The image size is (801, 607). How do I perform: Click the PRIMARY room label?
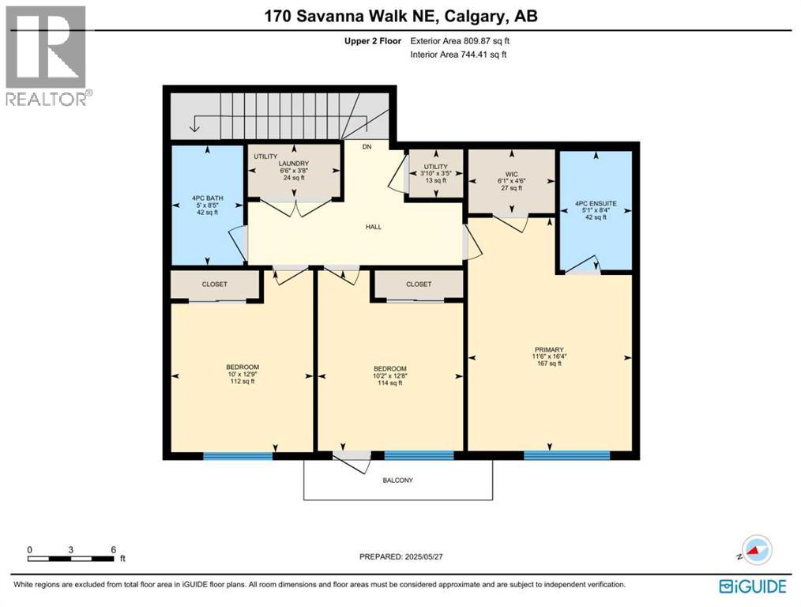pyautogui.click(x=549, y=350)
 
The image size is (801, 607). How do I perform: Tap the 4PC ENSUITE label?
pyautogui.click(x=596, y=203)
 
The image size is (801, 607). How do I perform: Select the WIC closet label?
pyautogui.click(x=511, y=174)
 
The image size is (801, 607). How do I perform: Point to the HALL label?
pyautogui.click(x=374, y=227)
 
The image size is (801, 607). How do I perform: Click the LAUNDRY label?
pyautogui.click(x=294, y=164)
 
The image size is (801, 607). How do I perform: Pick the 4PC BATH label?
pyautogui.click(x=208, y=198)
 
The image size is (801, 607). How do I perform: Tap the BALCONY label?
pyautogui.click(x=398, y=481)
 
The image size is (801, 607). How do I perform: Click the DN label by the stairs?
pyautogui.click(x=367, y=147)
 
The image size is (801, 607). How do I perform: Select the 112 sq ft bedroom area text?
pyautogui.click(x=243, y=381)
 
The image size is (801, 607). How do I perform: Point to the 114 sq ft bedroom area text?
pyautogui.click(x=389, y=383)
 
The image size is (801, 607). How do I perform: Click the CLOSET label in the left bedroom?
pyautogui.click(x=215, y=284)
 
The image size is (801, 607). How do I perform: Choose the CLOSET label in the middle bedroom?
pyautogui.click(x=419, y=284)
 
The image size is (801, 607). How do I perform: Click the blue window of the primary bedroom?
pyautogui.click(x=567, y=454)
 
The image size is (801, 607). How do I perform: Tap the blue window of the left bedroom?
pyautogui.click(x=238, y=456)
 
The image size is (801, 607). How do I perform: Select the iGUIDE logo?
pyautogui.click(x=753, y=586)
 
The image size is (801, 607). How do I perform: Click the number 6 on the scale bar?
pyautogui.click(x=114, y=550)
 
